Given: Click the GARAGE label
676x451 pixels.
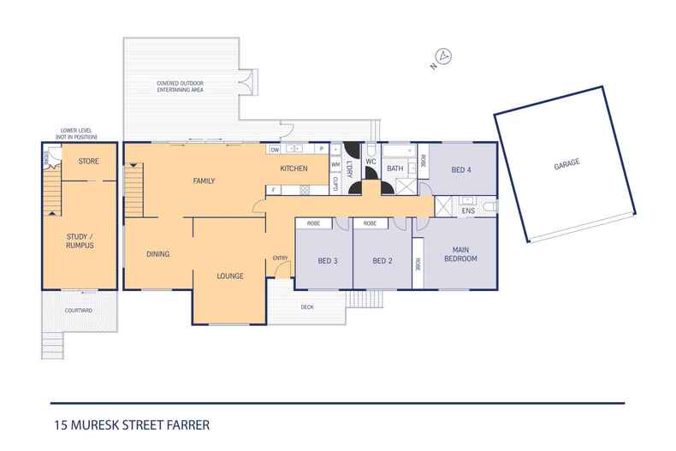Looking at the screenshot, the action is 566,163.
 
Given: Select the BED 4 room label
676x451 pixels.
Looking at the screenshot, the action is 461,170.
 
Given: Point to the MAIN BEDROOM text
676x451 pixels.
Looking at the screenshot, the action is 460,254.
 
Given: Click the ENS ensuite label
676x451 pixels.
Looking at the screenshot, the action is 468,211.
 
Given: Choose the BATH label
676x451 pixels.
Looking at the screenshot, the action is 395,169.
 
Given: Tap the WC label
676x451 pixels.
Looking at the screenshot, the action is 371,162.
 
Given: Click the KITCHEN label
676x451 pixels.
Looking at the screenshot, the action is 294,169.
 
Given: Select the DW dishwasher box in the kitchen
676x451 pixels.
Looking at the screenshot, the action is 275,150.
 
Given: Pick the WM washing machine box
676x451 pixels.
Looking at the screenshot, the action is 335,164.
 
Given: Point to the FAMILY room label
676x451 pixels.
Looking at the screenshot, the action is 204,181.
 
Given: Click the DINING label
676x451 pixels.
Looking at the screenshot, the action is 157,254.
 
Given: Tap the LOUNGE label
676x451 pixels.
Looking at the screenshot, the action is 230,276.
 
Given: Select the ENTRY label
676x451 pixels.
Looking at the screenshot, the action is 280,258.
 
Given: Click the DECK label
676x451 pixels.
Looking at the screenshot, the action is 307,307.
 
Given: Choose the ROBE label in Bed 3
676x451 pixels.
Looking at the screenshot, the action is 313,223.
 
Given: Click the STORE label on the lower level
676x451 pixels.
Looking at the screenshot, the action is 89,161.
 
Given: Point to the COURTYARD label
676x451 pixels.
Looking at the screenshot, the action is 79,311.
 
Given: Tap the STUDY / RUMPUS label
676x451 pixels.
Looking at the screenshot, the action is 80,241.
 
